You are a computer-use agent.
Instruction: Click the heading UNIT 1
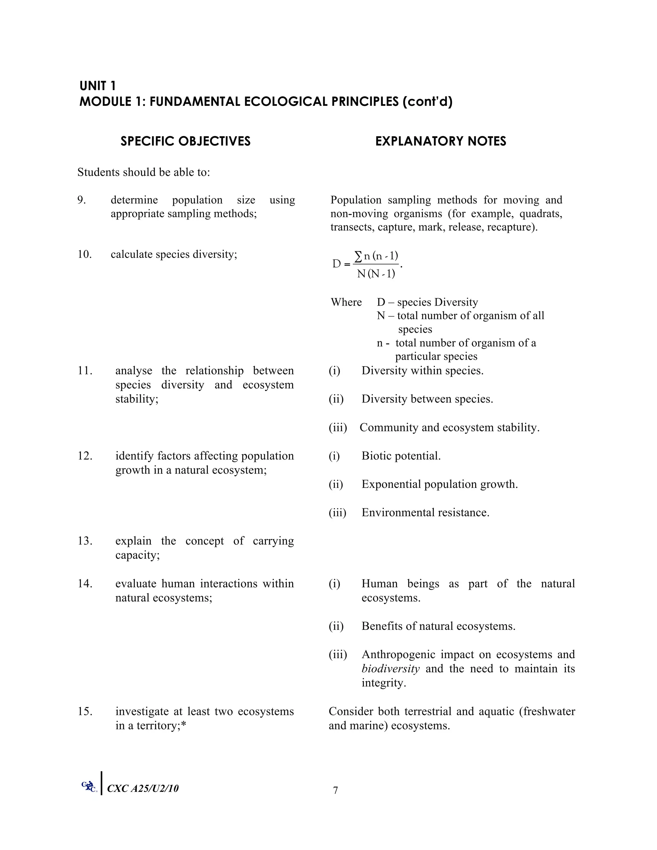click(97, 86)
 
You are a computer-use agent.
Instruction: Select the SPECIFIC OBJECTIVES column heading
click(185, 141)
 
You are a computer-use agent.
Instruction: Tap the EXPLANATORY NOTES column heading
click(440, 141)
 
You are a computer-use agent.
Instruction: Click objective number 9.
click(81, 200)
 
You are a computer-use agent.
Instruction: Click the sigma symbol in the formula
click(358, 256)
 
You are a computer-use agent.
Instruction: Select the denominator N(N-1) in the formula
click(376, 274)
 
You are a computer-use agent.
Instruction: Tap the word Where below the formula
click(346, 302)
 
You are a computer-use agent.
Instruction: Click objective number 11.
click(85, 370)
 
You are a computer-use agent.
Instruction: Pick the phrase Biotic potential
click(401, 456)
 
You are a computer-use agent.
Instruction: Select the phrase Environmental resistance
click(425, 513)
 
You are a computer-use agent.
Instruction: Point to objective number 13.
click(85, 541)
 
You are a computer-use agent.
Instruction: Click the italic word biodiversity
click(390, 669)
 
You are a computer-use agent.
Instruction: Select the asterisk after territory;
click(184, 725)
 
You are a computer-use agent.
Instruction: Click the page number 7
click(336, 790)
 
